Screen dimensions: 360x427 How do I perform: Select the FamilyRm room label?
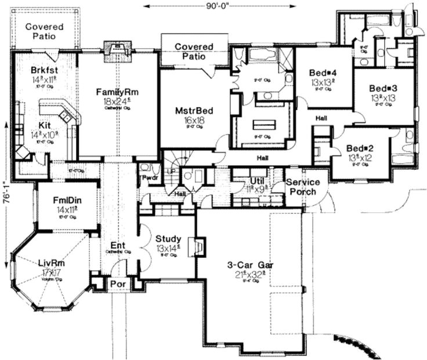[121, 92]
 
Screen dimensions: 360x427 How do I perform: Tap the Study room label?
[168, 239]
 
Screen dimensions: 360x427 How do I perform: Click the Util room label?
[257, 181]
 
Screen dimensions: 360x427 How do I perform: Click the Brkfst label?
[44, 70]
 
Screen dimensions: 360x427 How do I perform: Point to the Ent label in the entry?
[114, 245]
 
